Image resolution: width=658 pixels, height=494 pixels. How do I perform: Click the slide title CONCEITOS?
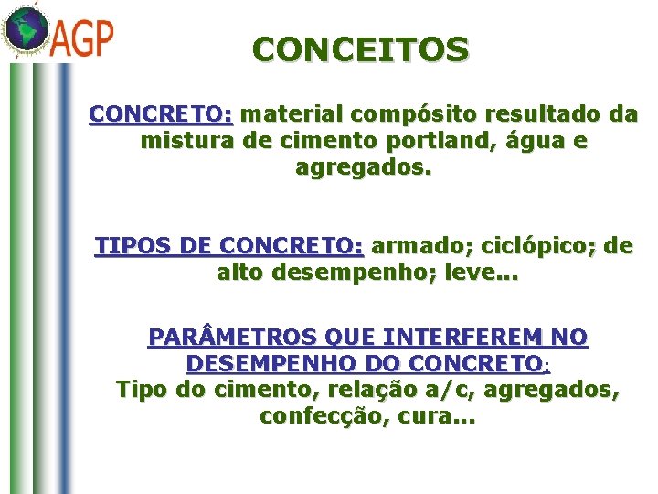(361, 50)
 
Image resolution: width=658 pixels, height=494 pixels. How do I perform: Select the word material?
(295, 115)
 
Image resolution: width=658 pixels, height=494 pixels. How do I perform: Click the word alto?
(242, 273)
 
